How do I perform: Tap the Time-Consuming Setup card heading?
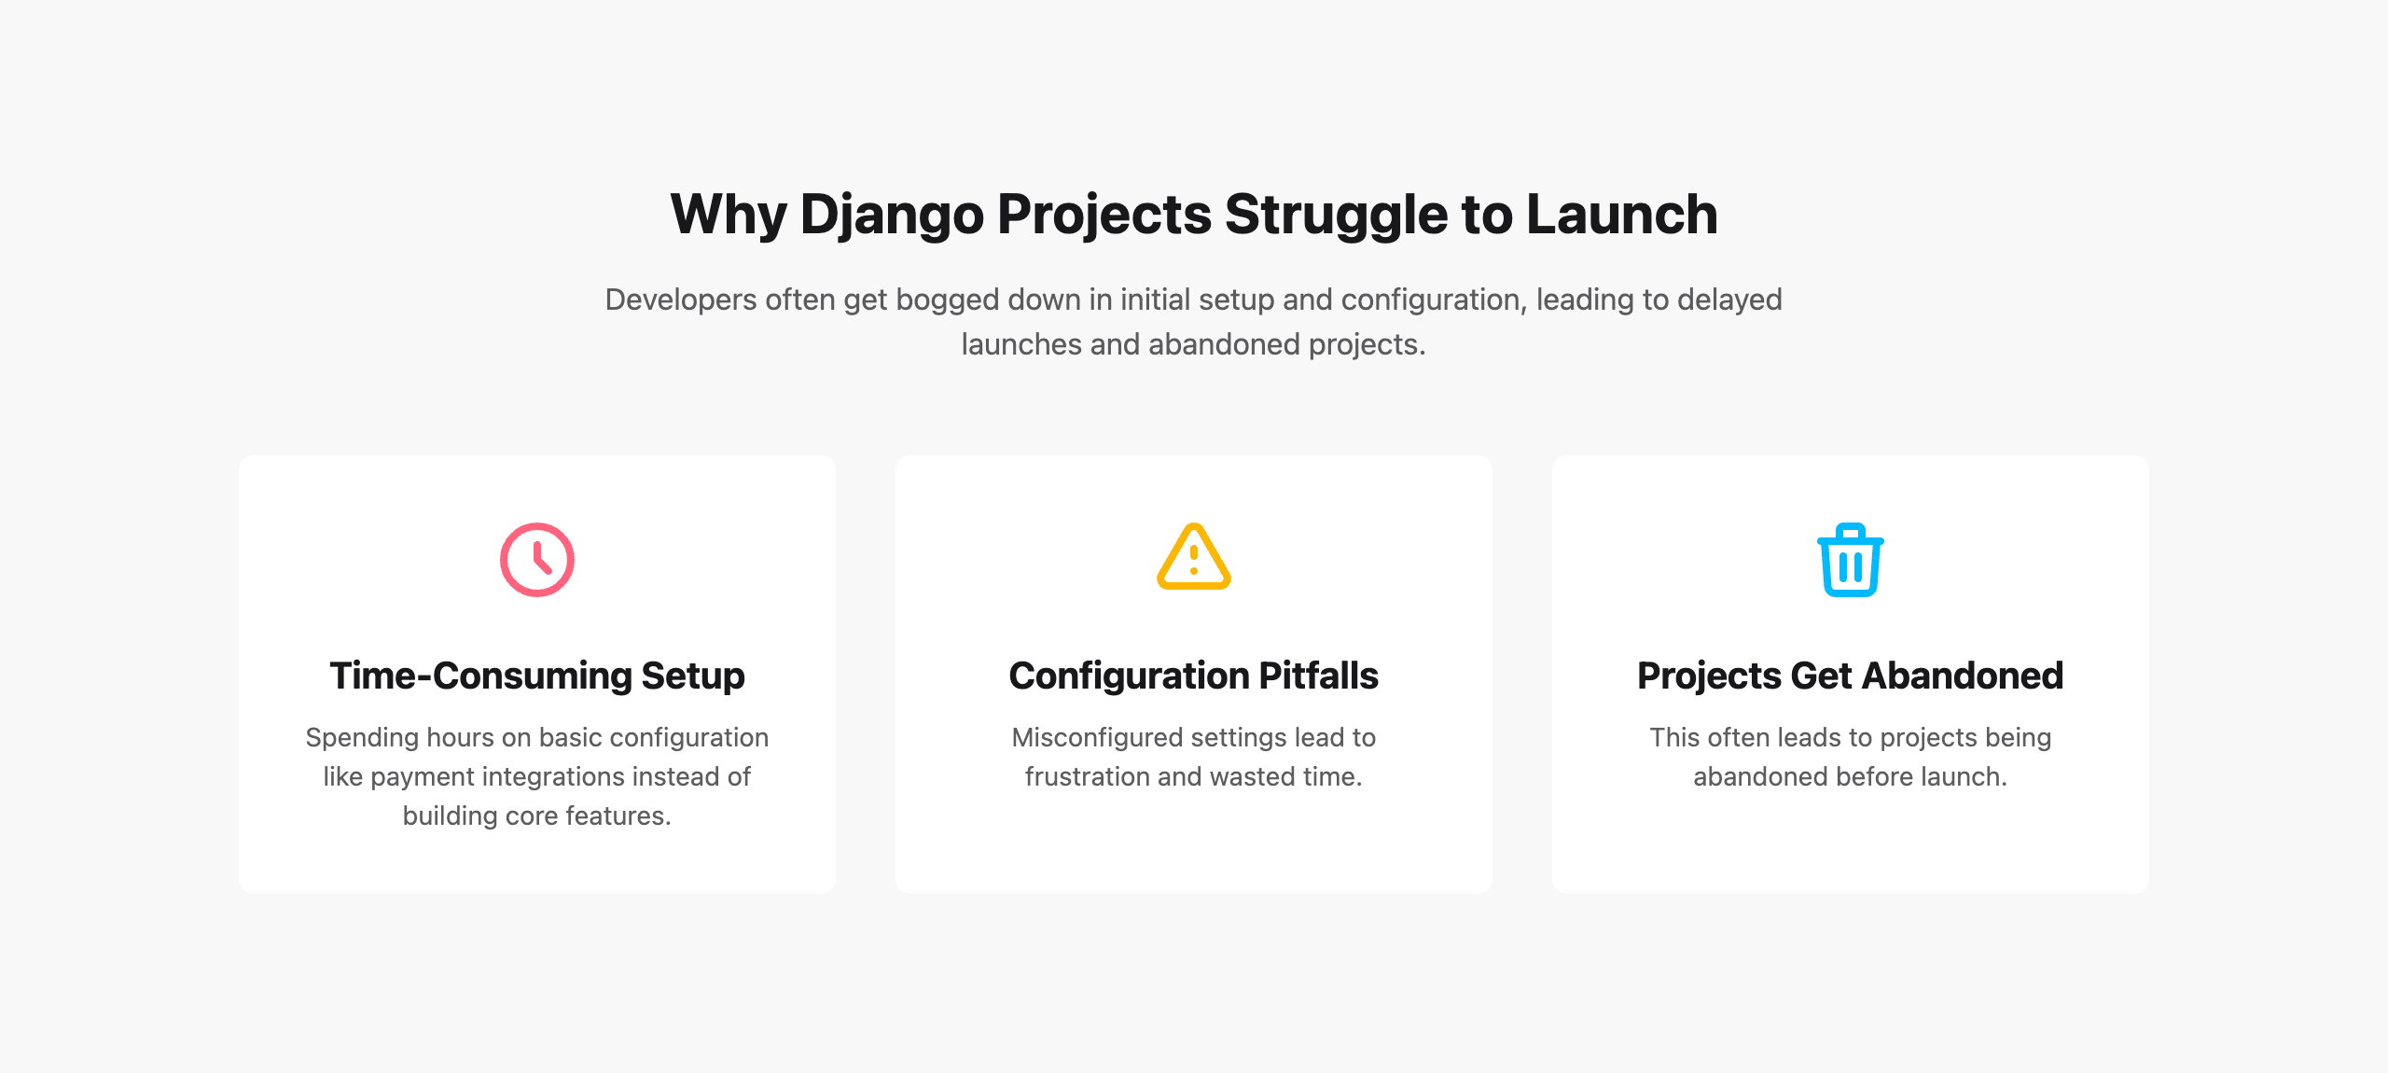tap(537, 676)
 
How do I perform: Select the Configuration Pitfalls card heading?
tap(1194, 676)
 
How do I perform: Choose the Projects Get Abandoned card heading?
tap(1851, 676)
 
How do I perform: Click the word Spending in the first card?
tap(362, 738)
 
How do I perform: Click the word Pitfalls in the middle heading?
tap(1318, 676)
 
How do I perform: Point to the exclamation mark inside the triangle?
tap(1194, 560)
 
